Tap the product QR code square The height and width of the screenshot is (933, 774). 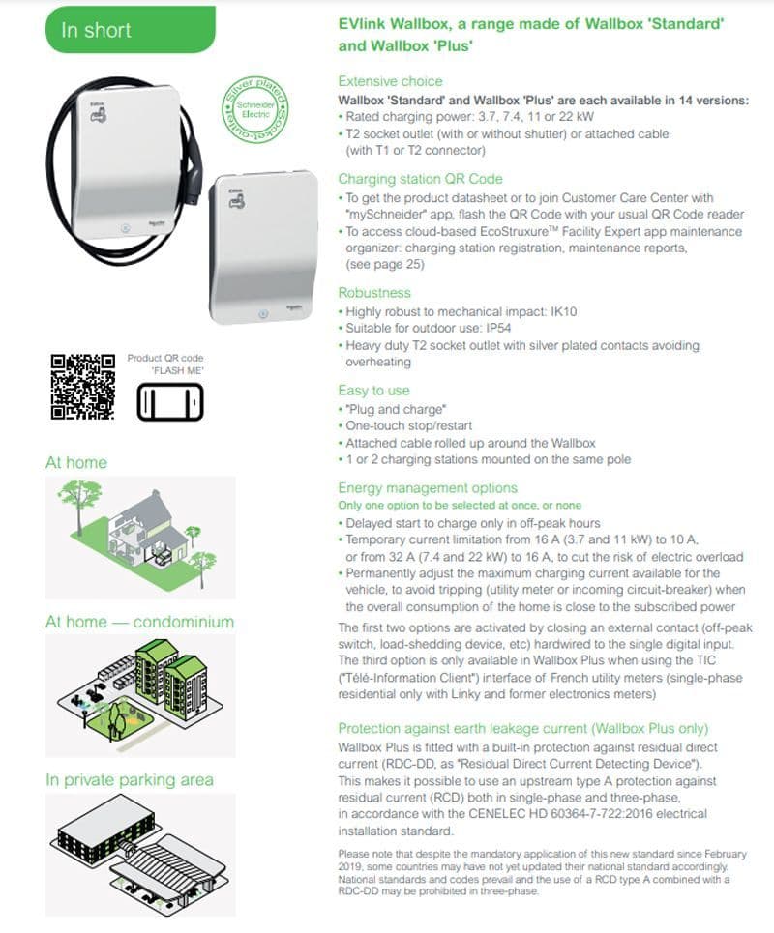pos(83,388)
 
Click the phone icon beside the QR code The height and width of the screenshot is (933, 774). pos(170,401)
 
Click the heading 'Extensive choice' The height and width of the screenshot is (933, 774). pos(390,81)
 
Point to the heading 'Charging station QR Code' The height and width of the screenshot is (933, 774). pos(420,179)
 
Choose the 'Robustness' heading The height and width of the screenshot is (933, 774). pos(374,293)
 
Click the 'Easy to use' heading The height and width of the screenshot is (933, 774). pos(373,391)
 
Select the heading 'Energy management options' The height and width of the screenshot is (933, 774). pos(428,488)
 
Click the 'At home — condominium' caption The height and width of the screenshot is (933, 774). pos(139,622)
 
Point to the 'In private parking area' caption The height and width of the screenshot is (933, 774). pos(137,780)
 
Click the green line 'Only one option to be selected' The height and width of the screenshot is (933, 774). pos(460,506)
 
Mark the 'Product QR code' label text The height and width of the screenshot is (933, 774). pos(165,359)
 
